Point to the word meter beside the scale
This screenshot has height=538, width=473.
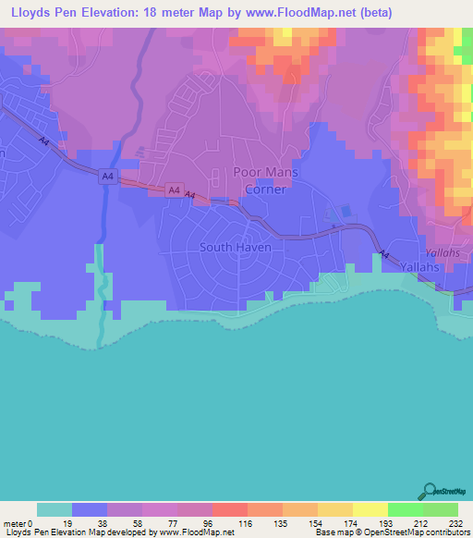14,523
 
